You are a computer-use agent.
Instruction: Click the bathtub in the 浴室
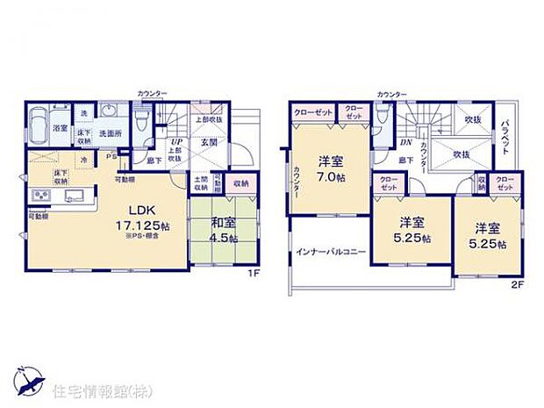pyautogui.click(x=38, y=128)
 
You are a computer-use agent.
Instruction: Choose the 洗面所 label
pyautogui.click(x=110, y=133)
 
